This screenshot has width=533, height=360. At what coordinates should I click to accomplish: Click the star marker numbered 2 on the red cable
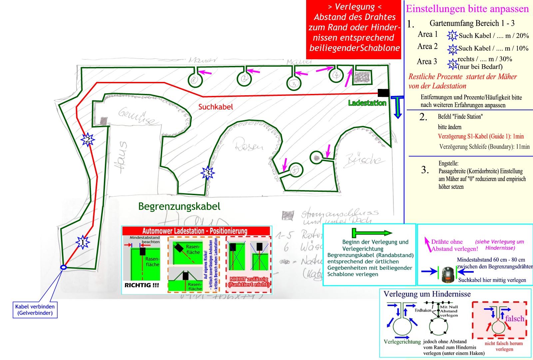pos(88,140)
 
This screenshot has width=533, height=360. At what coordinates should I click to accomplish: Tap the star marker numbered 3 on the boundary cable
pos(208,173)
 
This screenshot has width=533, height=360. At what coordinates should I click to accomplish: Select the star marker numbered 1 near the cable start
pos(83,242)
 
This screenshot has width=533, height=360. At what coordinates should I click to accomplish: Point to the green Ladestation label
pos(367,103)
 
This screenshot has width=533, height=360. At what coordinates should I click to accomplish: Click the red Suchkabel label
pos(216,107)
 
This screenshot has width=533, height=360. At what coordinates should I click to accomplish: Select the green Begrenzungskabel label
pos(179,206)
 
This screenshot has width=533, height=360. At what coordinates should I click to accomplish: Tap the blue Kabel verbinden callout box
pos(35,310)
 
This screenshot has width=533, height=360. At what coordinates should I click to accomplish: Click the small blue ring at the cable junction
pos(63,267)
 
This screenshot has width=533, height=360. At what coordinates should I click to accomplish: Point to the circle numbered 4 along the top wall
pos(336,75)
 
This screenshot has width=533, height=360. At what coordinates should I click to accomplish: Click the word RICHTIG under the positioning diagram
pos(142,285)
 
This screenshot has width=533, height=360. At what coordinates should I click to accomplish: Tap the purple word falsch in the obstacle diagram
pos(514,319)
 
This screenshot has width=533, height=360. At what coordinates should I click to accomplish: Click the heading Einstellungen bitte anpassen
pos(467,9)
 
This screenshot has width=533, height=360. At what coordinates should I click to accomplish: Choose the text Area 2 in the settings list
pos(427,47)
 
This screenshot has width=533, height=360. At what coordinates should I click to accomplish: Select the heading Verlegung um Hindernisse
pos(427,294)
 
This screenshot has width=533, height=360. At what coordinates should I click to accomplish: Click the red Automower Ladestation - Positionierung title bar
pos(196,231)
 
